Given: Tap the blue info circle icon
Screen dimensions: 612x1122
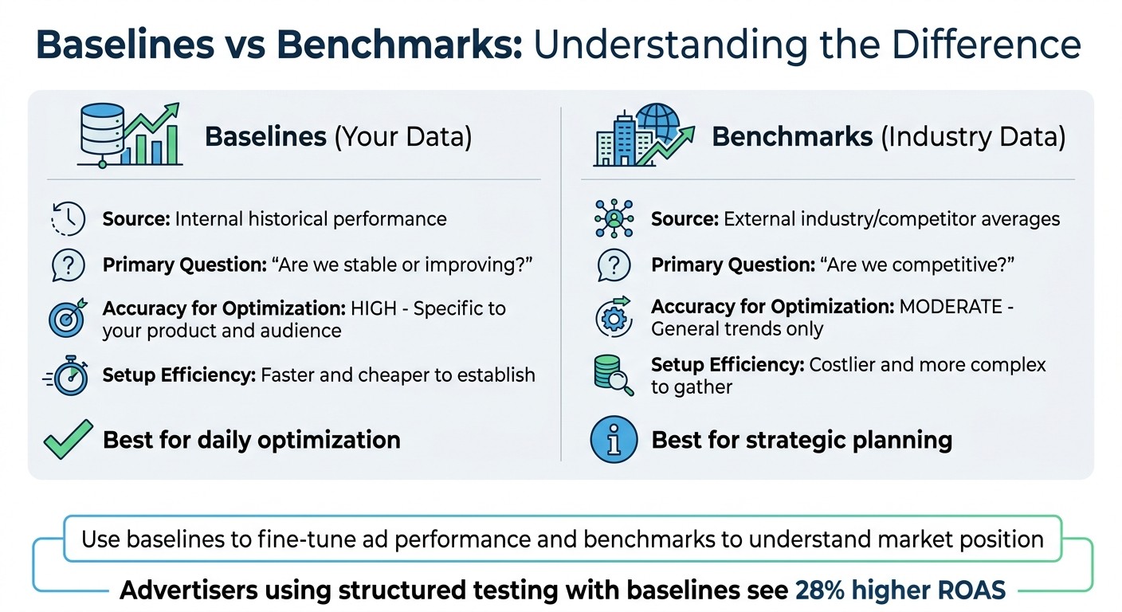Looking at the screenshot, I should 614,439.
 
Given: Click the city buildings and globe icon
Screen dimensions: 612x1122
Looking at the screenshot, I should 637,135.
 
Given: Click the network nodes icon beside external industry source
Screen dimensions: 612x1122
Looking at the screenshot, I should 614,218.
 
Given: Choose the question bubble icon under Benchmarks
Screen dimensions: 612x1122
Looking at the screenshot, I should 614,265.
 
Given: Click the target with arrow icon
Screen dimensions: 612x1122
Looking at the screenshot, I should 67,319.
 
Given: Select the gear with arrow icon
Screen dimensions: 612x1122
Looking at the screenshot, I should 614,317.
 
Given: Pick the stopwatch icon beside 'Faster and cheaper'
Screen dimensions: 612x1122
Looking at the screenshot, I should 67,375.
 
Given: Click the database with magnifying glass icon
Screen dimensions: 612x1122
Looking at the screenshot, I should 614,375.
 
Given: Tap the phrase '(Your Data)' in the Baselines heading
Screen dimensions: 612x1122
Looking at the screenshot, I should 402,137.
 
